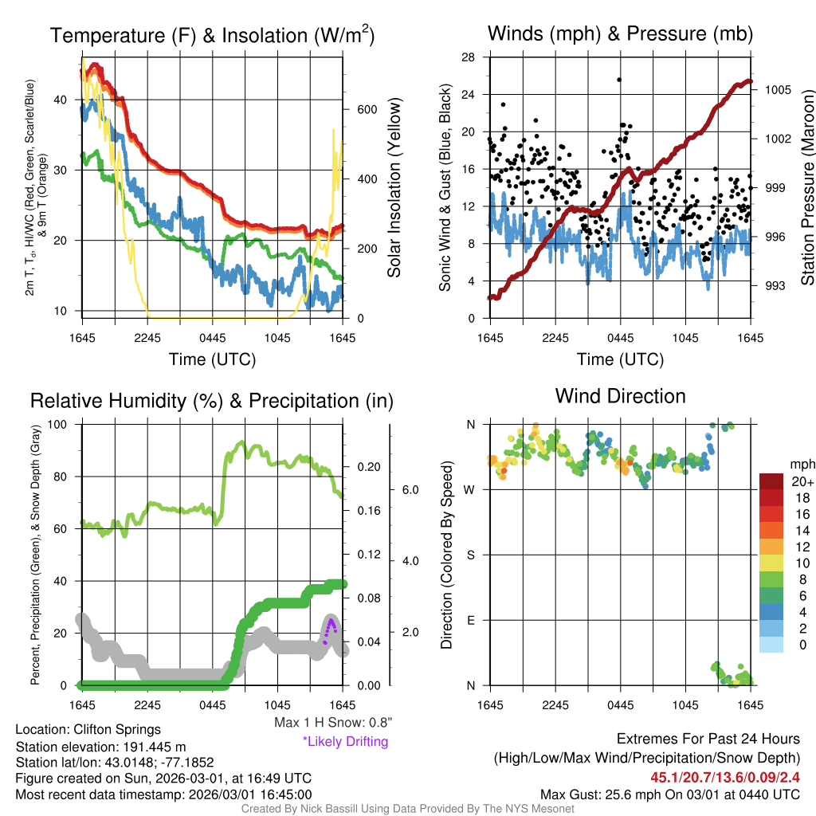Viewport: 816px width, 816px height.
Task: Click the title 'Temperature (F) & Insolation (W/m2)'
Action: (x=212, y=36)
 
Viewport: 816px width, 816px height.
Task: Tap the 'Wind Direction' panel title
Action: (x=620, y=396)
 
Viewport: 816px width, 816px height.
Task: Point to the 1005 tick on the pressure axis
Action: (x=778, y=90)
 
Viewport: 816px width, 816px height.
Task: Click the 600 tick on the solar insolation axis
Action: (x=365, y=110)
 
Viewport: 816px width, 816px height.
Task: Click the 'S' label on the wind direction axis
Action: (x=471, y=555)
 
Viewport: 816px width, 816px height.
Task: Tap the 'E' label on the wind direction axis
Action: (x=471, y=620)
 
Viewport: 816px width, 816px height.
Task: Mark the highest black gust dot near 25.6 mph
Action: (x=618, y=80)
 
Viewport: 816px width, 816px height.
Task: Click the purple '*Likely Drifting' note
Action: (x=345, y=741)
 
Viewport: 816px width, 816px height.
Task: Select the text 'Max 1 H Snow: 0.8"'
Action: (x=332, y=722)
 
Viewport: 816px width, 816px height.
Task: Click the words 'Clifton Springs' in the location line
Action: (x=117, y=729)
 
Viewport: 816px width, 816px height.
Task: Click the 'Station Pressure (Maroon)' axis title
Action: (x=807, y=187)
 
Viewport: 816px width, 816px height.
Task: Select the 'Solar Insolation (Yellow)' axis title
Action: (x=394, y=187)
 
